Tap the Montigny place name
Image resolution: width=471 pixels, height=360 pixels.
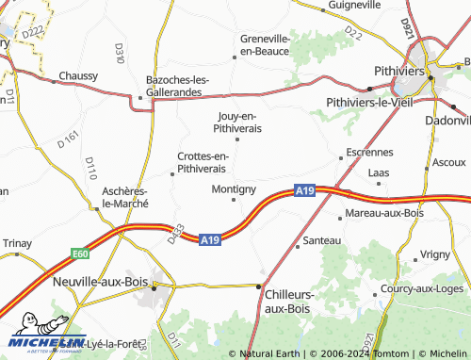point(235,188)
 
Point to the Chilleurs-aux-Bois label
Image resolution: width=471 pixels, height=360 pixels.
point(288,301)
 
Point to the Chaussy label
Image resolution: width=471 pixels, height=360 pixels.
point(78,75)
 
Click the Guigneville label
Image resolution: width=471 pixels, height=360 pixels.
point(355,5)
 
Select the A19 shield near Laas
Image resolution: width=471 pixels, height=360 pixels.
point(304,190)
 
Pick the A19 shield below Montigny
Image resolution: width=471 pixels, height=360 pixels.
point(210,241)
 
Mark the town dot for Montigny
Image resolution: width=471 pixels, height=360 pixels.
point(234,199)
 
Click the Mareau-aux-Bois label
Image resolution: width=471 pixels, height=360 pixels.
point(384,213)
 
